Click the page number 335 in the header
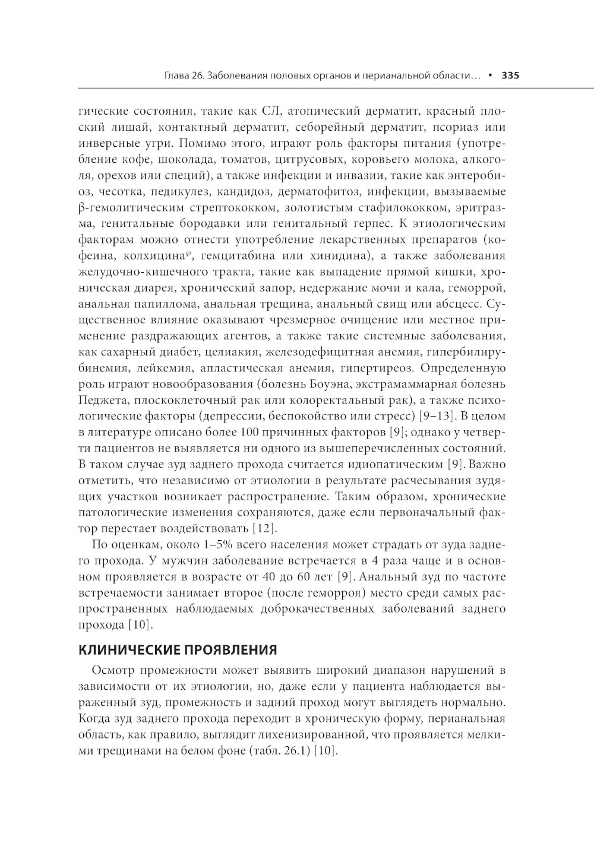point(510,76)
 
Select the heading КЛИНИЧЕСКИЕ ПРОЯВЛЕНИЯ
point(178,649)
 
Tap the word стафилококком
point(402,208)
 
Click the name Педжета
point(98,400)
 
